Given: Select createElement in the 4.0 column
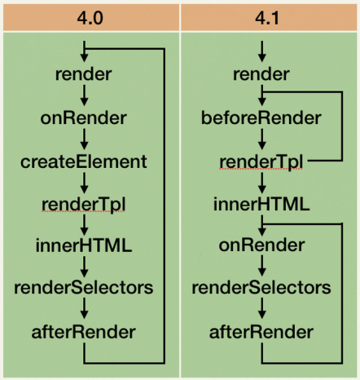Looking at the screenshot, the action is click(84, 162).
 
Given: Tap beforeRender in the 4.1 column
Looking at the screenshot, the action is click(261, 118).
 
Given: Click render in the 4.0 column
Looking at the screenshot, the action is click(84, 74).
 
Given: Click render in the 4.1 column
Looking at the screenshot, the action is click(261, 74).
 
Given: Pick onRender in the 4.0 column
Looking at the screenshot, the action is click(84, 118).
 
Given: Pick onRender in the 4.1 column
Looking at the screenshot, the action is click(261, 245).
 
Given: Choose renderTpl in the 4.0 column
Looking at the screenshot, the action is click(84, 205).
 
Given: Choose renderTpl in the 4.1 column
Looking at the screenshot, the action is click(261, 162).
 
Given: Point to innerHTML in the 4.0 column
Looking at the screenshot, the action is click(84, 245).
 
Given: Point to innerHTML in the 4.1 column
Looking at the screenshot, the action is click(261, 205).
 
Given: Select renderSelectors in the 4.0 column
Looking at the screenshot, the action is click(84, 288).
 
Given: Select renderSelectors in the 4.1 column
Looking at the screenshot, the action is click(261, 288).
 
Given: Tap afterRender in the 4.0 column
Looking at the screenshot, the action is click(84, 332).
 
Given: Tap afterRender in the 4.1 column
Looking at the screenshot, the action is click(261, 332).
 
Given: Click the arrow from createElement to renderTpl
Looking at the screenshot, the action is click(84, 183).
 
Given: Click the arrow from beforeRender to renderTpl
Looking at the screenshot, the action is click(262, 139).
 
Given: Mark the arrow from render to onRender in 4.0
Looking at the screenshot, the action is click(84, 95).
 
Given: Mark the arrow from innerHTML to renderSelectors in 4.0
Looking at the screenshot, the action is click(84, 267).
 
